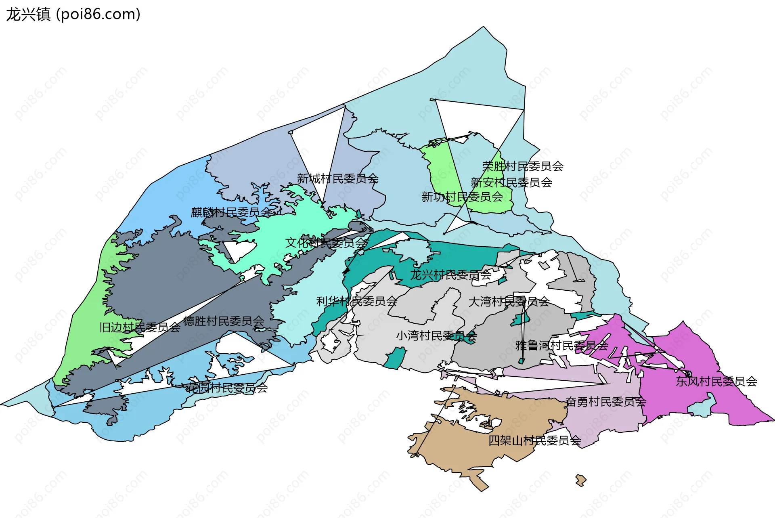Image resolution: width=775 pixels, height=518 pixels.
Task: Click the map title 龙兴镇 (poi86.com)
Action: [73, 15]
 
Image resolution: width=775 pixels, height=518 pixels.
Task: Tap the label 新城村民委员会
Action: [337, 178]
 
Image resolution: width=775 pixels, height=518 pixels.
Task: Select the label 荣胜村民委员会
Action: [523, 166]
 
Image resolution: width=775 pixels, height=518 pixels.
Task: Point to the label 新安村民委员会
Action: [511, 182]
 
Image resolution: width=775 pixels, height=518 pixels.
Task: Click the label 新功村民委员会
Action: [462, 197]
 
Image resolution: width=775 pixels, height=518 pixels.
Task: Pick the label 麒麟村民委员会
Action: [231, 212]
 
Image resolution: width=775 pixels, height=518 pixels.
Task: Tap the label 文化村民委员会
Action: [326, 243]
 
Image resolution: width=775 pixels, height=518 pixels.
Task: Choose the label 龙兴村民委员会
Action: [450, 275]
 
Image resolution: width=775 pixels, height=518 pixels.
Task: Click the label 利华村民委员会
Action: [357, 301]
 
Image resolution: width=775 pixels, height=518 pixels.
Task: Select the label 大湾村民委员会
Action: [509, 302]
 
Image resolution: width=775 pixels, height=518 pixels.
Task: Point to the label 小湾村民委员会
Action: [436, 336]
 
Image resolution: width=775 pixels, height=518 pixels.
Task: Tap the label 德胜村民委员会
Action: [224, 321]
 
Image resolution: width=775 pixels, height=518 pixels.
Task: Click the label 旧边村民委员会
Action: [140, 327]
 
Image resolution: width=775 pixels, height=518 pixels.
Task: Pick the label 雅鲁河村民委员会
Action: [561, 346]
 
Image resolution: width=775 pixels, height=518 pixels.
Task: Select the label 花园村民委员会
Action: [227, 388]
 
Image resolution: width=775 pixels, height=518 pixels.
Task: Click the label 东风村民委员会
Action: [716, 381]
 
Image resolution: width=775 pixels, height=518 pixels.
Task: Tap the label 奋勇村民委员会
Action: [605, 402]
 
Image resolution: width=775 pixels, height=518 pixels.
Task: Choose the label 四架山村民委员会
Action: [534, 440]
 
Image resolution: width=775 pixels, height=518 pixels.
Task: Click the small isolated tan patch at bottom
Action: [581, 480]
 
